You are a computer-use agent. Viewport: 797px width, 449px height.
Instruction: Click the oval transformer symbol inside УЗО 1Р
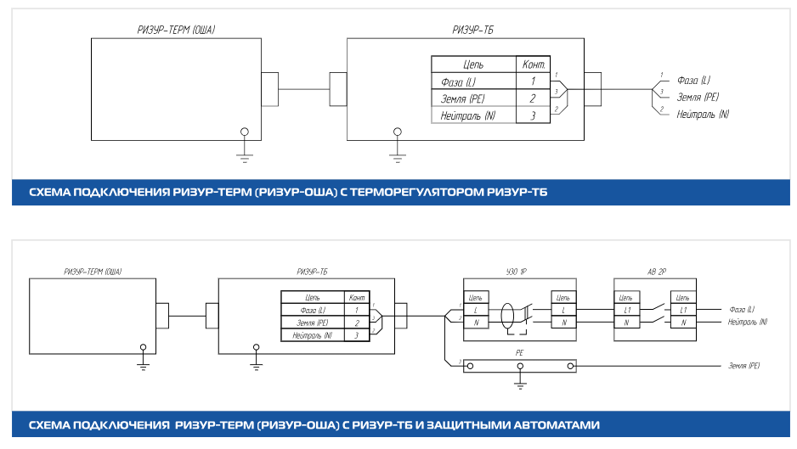pyautogui.click(x=508, y=315)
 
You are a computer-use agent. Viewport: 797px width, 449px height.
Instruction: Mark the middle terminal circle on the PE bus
pyautogui.click(x=520, y=366)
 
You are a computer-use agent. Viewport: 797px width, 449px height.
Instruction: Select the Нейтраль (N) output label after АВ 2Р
pyautogui.click(x=748, y=323)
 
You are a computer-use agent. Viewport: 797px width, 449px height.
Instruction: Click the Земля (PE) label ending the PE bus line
pyautogui.click(x=744, y=366)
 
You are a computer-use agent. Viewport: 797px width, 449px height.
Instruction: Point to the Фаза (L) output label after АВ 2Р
pyautogui.click(x=742, y=311)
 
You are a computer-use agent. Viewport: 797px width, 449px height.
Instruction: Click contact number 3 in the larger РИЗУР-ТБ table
pyautogui.click(x=532, y=115)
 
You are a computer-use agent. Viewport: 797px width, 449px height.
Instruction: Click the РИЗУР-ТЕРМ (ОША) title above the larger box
pyautogui.click(x=176, y=31)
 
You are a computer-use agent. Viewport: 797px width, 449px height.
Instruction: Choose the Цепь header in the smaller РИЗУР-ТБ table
pyautogui.click(x=311, y=298)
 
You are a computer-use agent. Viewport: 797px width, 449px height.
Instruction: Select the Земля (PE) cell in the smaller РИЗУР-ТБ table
pyautogui.click(x=312, y=323)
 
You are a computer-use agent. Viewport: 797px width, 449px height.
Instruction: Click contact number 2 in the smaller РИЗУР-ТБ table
pyautogui.click(x=357, y=323)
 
